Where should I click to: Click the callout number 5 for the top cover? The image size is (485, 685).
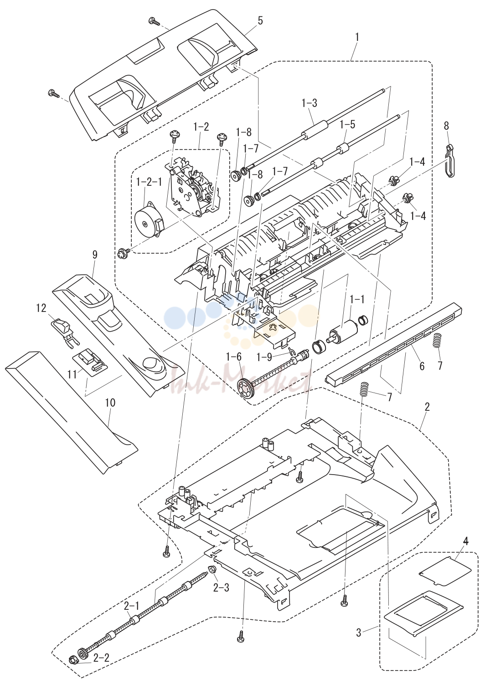[x=260, y=21]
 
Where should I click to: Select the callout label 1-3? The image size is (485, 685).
[x=310, y=103]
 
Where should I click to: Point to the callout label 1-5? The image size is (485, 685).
[x=347, y=125]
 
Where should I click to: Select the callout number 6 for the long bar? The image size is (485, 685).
[x=422, y=366]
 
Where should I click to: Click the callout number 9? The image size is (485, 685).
[x=94, y=255]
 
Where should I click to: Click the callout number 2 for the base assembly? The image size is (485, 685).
[x=427, y=407]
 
